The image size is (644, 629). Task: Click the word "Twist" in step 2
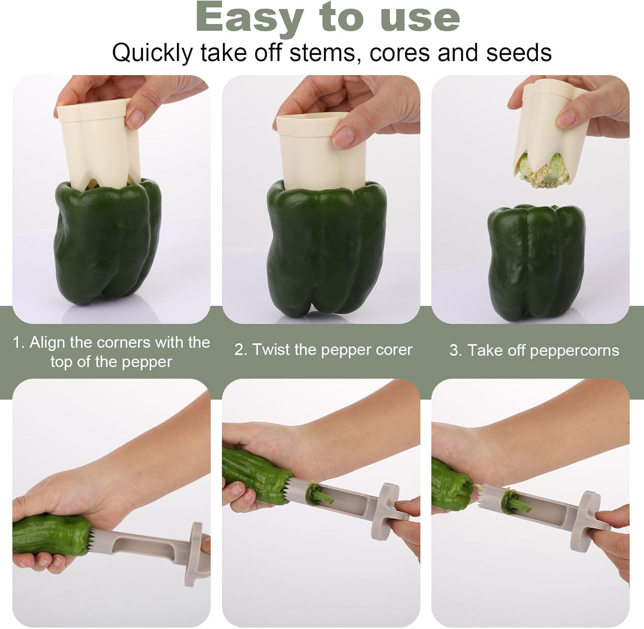point(271,349)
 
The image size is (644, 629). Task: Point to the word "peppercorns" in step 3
point(574,351)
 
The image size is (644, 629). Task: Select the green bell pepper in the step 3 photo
point(536,263)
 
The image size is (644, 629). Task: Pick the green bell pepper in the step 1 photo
point(108,243)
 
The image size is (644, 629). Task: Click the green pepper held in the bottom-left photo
point(52,535)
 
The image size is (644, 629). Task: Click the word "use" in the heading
point(420,18)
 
